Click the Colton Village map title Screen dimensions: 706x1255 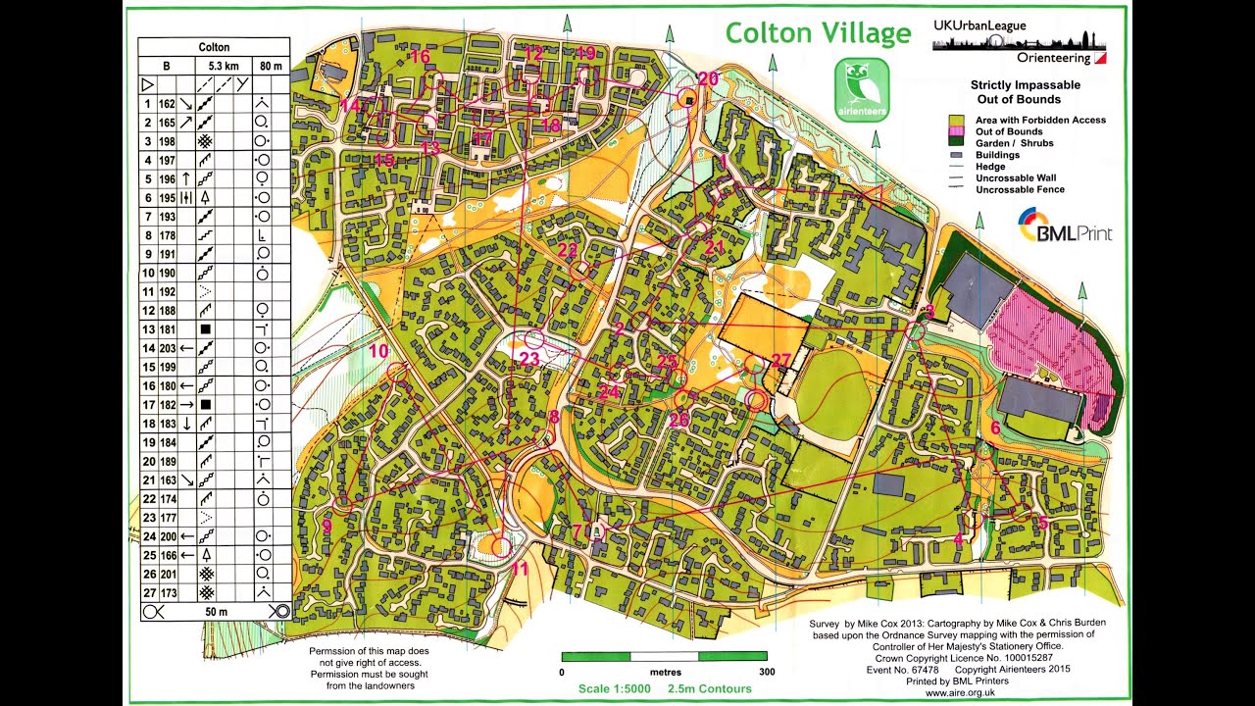tap(818, 34)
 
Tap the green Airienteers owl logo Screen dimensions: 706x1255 tap(862, 87)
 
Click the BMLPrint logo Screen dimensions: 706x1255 tap(1064, 226)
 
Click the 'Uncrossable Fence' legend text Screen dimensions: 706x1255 tap(1020, 190)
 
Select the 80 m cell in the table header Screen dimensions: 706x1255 tap(270, 66)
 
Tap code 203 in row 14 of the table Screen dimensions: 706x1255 tap(168, 348)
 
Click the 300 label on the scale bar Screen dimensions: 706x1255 tap(767, 673)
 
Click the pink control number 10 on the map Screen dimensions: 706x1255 tap(378, 350)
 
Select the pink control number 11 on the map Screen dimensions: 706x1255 tap(520, 569)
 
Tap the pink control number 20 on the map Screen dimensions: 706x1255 tap(707, 78)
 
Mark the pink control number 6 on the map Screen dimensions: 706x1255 tap(995, 428)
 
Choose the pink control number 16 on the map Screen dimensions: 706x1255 tap(420, 56)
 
